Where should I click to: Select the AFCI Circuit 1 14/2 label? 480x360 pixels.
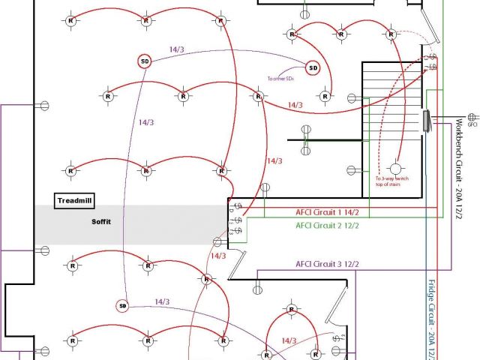tap(328, 212)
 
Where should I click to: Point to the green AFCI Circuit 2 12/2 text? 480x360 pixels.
tap(328, 225)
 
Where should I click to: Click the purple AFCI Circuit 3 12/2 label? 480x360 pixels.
tap(328, 264)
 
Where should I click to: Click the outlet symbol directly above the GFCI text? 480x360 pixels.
tap(472, 117)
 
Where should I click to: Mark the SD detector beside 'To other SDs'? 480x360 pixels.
tap(313, 68)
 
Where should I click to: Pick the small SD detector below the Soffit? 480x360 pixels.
tap(123, 306)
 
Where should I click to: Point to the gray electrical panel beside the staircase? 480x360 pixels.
tap(425, 121)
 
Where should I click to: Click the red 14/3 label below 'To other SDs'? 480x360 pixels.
tap(295, 106)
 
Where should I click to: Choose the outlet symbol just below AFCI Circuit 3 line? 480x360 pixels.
tap(256, 286)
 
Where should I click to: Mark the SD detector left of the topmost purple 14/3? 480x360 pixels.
tap(145, 61)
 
